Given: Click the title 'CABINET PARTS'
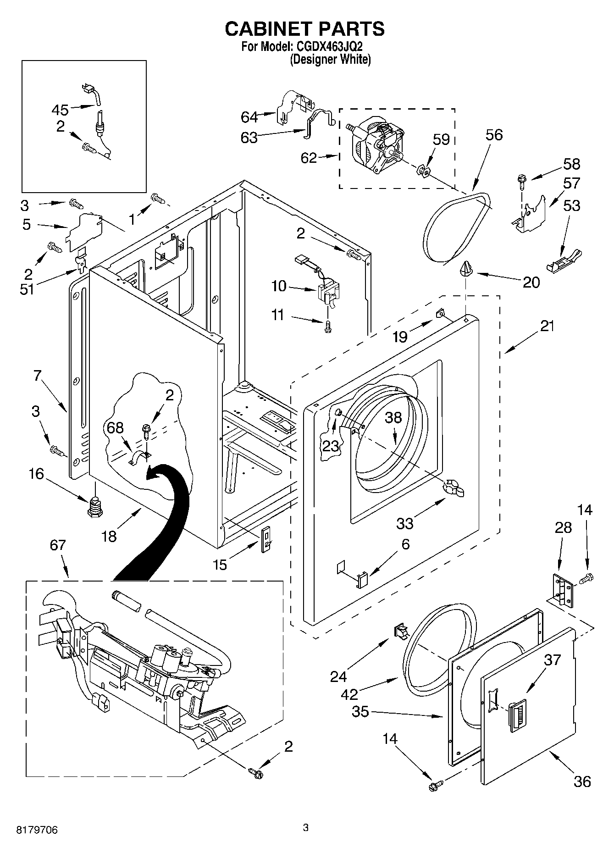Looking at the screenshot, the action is click(x=304, y=28).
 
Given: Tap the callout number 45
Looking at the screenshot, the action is click(x=60, y=110).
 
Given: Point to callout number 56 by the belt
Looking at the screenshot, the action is click(x=494, y=135).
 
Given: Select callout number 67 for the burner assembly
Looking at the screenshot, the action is click(x=58, y=545).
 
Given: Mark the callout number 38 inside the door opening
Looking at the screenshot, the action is click(x=393, y=417).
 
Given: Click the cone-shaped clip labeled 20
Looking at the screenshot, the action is click(x=466, y=268).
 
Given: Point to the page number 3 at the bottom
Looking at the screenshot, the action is click(x=306, y=827).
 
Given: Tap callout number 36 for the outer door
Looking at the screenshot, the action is click(x=582, y=781).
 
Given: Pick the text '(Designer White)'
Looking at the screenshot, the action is click(x=330, y=59).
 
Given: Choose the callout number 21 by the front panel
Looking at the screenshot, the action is click(x=547, y=326).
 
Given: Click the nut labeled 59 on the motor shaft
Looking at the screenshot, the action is click(x=424, y=172).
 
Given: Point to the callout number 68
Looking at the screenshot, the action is click(x=115, y=428).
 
